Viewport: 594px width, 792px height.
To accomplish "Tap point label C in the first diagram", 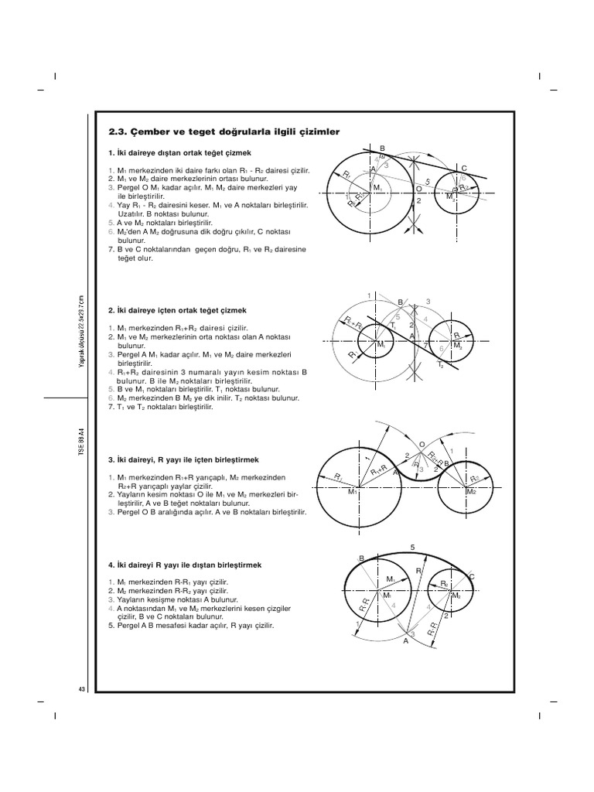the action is point(464,168).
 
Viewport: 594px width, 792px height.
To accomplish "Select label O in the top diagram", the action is point(418,188).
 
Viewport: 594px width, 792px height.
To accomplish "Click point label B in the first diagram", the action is point(382,147).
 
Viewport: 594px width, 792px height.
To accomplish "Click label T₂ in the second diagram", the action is point(441,364).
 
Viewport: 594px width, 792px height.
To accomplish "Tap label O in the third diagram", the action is point(422,444).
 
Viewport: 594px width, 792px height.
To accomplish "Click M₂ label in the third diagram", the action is point(471,492).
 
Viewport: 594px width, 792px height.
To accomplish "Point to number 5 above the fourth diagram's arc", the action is point(412,548).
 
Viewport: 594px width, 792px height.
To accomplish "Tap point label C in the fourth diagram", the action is point(472,577).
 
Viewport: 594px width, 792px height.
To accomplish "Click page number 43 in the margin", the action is point(81,689).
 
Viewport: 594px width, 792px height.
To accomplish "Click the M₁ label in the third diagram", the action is point(353,492).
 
